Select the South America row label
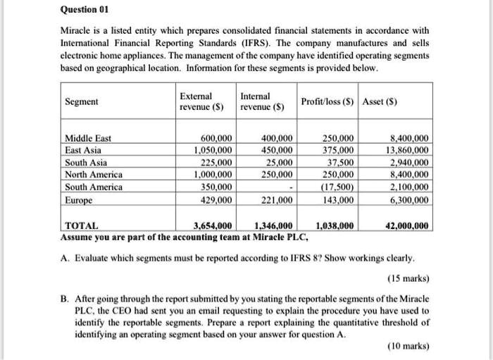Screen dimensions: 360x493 [93, 187]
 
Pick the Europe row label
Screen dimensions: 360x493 [78, 200]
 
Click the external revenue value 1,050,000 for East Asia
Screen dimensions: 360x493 [212, 151]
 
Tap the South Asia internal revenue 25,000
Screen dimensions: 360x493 [280, 163]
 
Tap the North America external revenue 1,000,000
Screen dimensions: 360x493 [212, 175]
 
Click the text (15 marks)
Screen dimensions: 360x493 [408, 278]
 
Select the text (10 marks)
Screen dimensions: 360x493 [408, 346]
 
